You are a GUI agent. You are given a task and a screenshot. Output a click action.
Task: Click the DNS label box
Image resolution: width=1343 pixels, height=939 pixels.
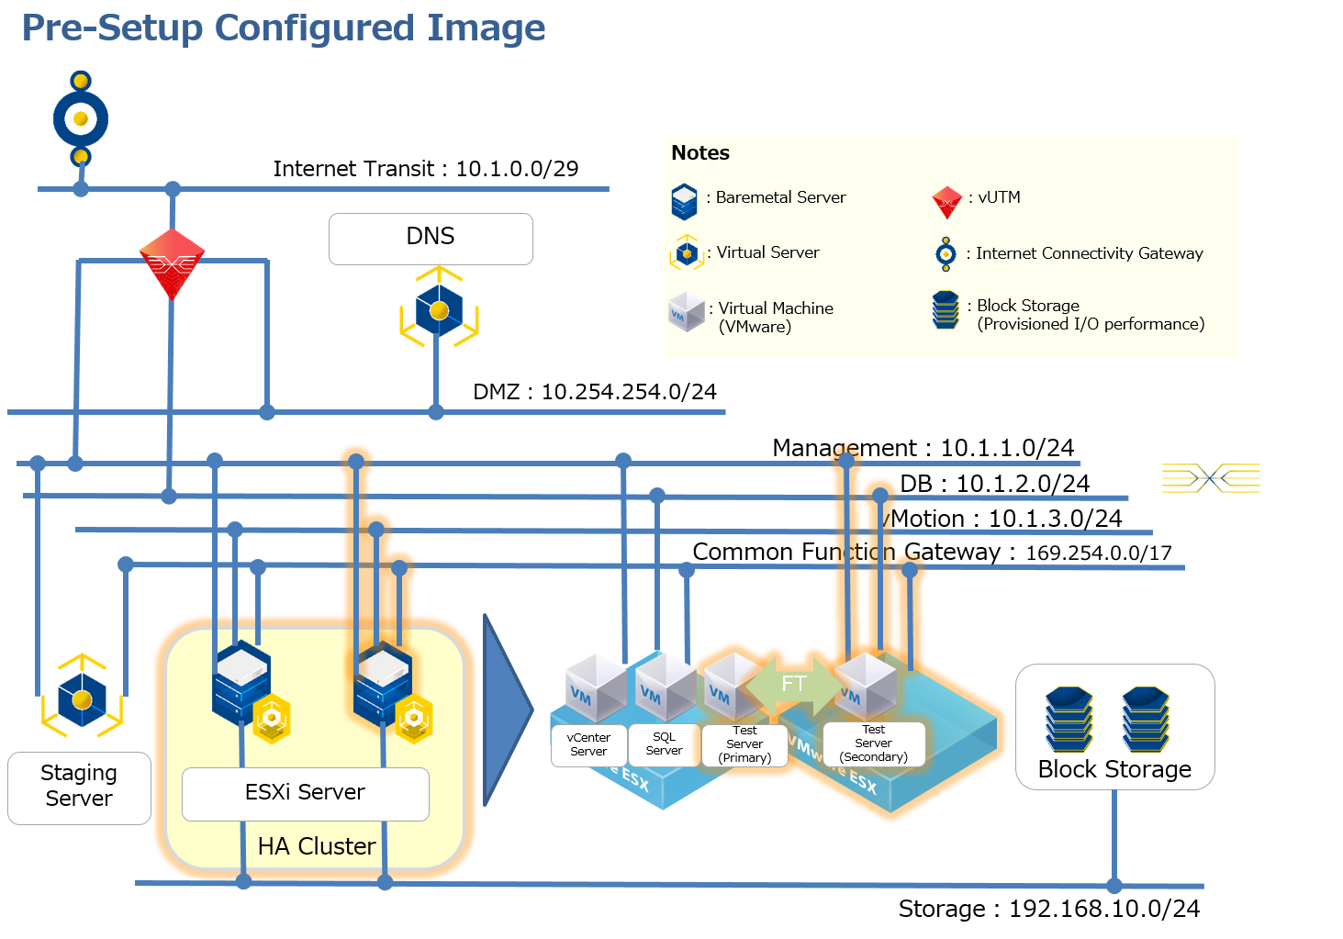[x=431, y=239]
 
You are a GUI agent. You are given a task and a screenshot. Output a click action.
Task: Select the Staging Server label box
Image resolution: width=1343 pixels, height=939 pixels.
[x=79, y=787]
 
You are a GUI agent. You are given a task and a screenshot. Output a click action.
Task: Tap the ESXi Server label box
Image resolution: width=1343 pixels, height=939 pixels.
[x=305, y=793]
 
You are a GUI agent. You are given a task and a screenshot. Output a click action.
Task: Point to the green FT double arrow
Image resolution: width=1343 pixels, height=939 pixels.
[x=793, y=684]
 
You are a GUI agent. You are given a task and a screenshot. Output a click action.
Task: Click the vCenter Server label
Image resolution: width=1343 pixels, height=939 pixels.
[x=588, y=744]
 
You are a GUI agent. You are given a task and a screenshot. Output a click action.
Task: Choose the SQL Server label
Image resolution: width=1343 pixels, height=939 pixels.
[x=664, y=743]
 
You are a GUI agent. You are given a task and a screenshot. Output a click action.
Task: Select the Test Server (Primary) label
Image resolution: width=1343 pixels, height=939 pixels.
[x=744, y=744]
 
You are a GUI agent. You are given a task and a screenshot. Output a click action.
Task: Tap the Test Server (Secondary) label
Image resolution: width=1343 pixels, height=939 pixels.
[x=873, y=743]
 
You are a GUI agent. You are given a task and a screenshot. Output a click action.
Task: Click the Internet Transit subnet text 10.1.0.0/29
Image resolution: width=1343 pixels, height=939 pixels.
[x=517, y=169]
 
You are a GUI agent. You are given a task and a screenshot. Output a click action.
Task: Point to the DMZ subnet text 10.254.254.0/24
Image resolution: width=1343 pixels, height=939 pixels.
[x=629, y=392]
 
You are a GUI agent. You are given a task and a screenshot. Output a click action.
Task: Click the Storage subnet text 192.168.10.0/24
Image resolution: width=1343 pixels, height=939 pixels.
[x=1104, y=909]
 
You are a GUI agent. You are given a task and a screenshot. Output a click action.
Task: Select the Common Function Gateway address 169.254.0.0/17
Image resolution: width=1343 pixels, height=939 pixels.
[x=1098, y=553]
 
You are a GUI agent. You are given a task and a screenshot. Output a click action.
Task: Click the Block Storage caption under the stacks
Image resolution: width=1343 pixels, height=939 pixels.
[x=1114, y=769]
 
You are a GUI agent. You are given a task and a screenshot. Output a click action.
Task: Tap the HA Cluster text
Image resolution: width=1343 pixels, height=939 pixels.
[x=317, y=846]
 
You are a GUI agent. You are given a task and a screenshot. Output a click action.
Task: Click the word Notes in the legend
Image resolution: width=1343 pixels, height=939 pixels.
[x=700, y=153]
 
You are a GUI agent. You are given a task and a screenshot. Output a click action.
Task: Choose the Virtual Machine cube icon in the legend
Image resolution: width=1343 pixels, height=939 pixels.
[x=686, y=312]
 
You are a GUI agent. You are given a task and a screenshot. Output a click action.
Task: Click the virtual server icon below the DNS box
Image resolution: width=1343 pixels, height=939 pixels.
[x=439, y=309]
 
